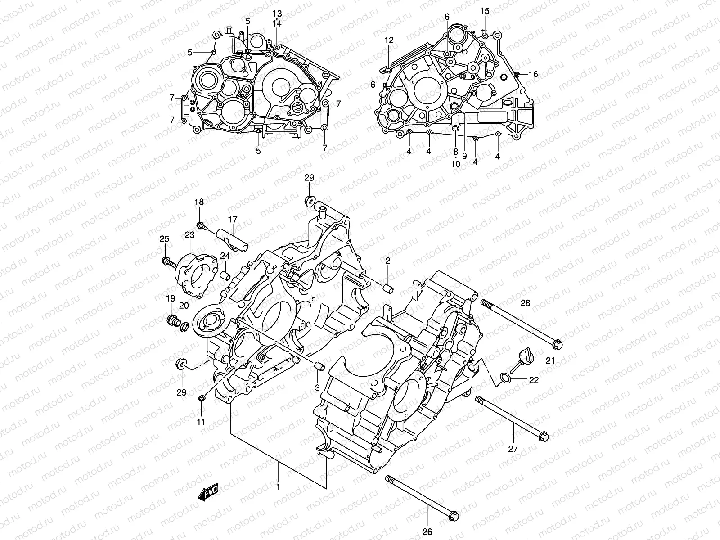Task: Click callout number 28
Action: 525,303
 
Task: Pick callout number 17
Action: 232,220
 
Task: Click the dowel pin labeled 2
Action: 388,288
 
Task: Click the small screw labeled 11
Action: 202,398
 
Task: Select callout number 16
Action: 533,74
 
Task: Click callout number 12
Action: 389,40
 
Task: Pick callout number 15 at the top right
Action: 484,11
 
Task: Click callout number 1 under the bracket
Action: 278,486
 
